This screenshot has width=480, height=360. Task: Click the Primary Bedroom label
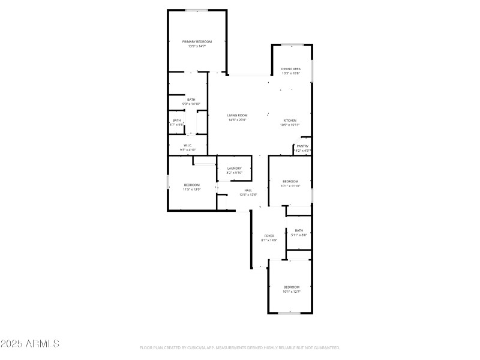[x=197, y=41]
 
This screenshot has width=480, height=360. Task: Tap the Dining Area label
[x=291, y=69]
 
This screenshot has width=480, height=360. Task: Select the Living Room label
[x=237, y=115]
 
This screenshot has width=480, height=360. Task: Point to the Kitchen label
[x=290, y=121]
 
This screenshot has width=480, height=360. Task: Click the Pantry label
[x=302, y=146]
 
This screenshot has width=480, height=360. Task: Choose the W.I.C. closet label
[x=188, y=145]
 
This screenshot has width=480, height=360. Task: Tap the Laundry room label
[x=234, y=168]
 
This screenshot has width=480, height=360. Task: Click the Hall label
[x=248, y=190]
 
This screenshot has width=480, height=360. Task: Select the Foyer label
[x=269, y=236]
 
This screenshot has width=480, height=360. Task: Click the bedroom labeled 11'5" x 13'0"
[x=191, y=184]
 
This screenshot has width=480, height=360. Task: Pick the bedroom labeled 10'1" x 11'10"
[x=290, y=181]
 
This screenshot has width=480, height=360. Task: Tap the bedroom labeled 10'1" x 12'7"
[x=291, y=287]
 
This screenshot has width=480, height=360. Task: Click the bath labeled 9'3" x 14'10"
[x=191, y=100]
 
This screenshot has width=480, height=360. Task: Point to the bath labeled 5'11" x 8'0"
[x=299, y=230]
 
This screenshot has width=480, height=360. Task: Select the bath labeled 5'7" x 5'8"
[x=176, y=121]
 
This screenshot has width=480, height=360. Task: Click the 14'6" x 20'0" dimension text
[x=237, y=119]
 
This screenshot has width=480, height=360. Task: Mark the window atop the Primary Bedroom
[x=197, y=10]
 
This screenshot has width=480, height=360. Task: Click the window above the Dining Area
[x=292, y=45]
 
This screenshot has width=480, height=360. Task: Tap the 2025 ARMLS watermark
[x=30, y=344]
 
